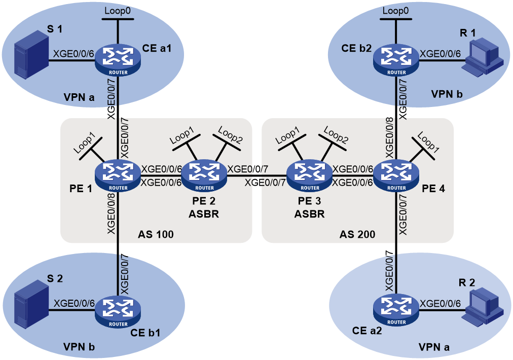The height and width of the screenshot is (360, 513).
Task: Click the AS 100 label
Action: [156, 234]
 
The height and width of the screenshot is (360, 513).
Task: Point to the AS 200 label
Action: [357, 234]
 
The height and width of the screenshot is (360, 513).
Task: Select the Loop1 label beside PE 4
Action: [428, 142]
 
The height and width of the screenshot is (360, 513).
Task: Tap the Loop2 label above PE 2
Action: [230, 135]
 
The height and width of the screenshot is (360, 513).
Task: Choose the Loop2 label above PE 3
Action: [336, 135]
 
